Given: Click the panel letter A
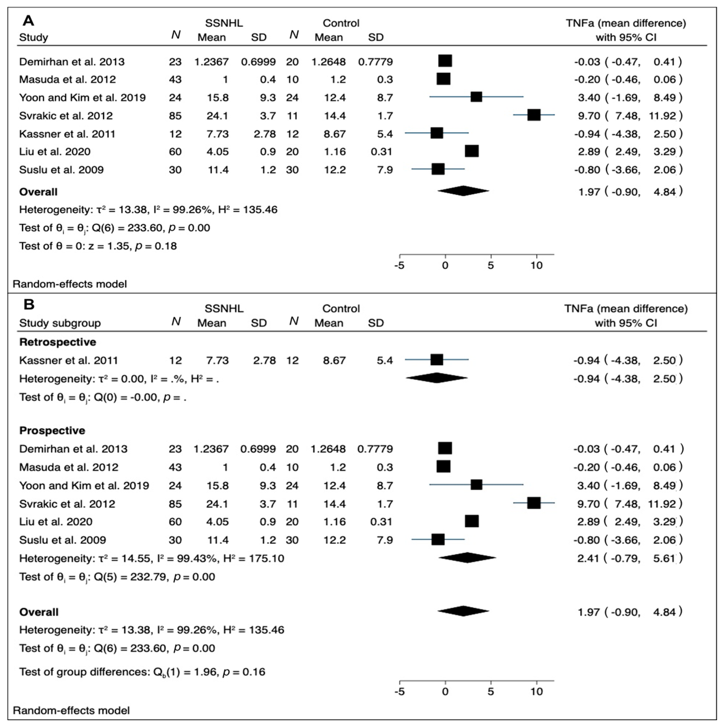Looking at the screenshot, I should point(28,20).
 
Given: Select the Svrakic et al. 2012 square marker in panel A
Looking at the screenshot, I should point(534,115).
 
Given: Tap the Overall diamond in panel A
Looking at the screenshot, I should point(463,191).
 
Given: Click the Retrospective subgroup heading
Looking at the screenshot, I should point(57,342).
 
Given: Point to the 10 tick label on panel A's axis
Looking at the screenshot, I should point(536,266).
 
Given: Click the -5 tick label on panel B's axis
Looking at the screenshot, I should point(399,692).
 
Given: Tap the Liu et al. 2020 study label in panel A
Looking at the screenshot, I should point(55,152).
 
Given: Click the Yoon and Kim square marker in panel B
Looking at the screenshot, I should point(476,485).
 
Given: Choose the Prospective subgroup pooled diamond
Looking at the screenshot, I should point(467,558).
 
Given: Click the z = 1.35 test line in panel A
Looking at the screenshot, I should point(98,246).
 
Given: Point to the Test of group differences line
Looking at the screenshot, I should point(142,672).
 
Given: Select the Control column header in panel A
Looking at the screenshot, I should point(341,23).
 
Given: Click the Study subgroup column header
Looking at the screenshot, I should point(60,323).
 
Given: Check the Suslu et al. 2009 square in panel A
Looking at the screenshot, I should point(438,169).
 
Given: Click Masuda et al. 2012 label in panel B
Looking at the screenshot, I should point(69,467).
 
